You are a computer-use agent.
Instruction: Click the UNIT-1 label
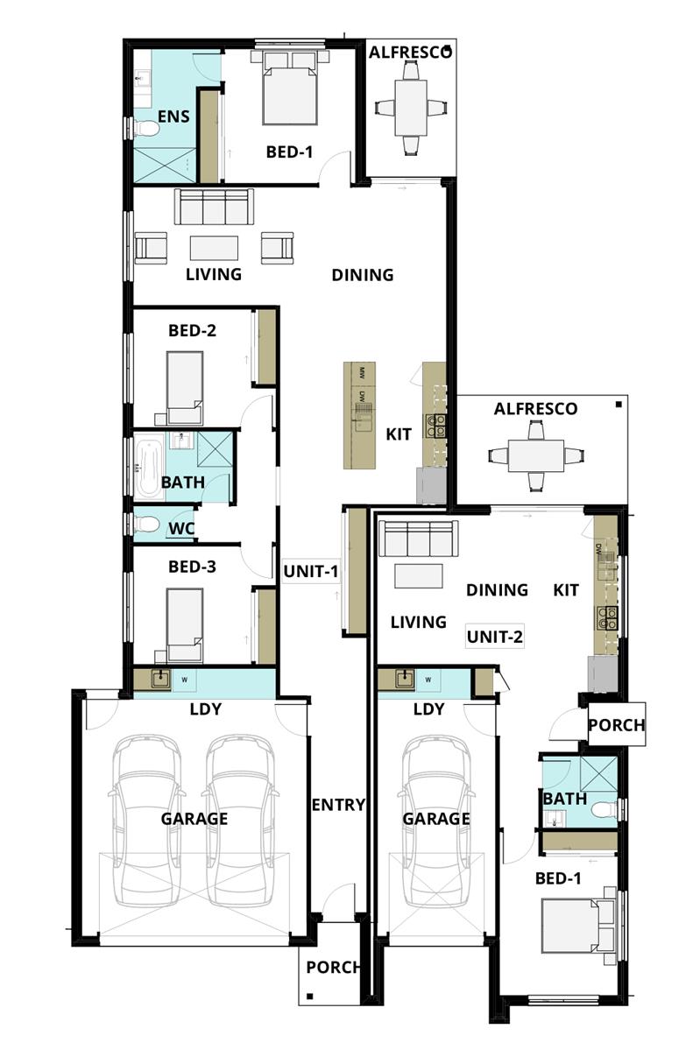tap(310, 571)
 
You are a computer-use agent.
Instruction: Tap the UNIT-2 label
tap(494, 637)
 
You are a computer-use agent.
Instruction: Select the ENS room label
tap(173, 116)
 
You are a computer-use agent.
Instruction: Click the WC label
tap(180, 528)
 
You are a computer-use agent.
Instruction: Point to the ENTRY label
tap(337, 805)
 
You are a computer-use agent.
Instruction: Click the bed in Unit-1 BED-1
tap(289, 88)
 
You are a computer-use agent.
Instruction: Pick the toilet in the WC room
tap(146, 525)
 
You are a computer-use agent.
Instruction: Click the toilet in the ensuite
tap(145, 129)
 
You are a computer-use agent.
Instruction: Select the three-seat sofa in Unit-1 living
tap(214, 208)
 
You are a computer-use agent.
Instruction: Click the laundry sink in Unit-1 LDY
tap(160, 678)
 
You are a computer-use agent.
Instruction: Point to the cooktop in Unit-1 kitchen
tap(435, 426)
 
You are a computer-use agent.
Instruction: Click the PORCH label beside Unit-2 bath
tap(616, 725)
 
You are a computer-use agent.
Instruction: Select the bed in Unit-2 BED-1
tap(573, 926)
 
